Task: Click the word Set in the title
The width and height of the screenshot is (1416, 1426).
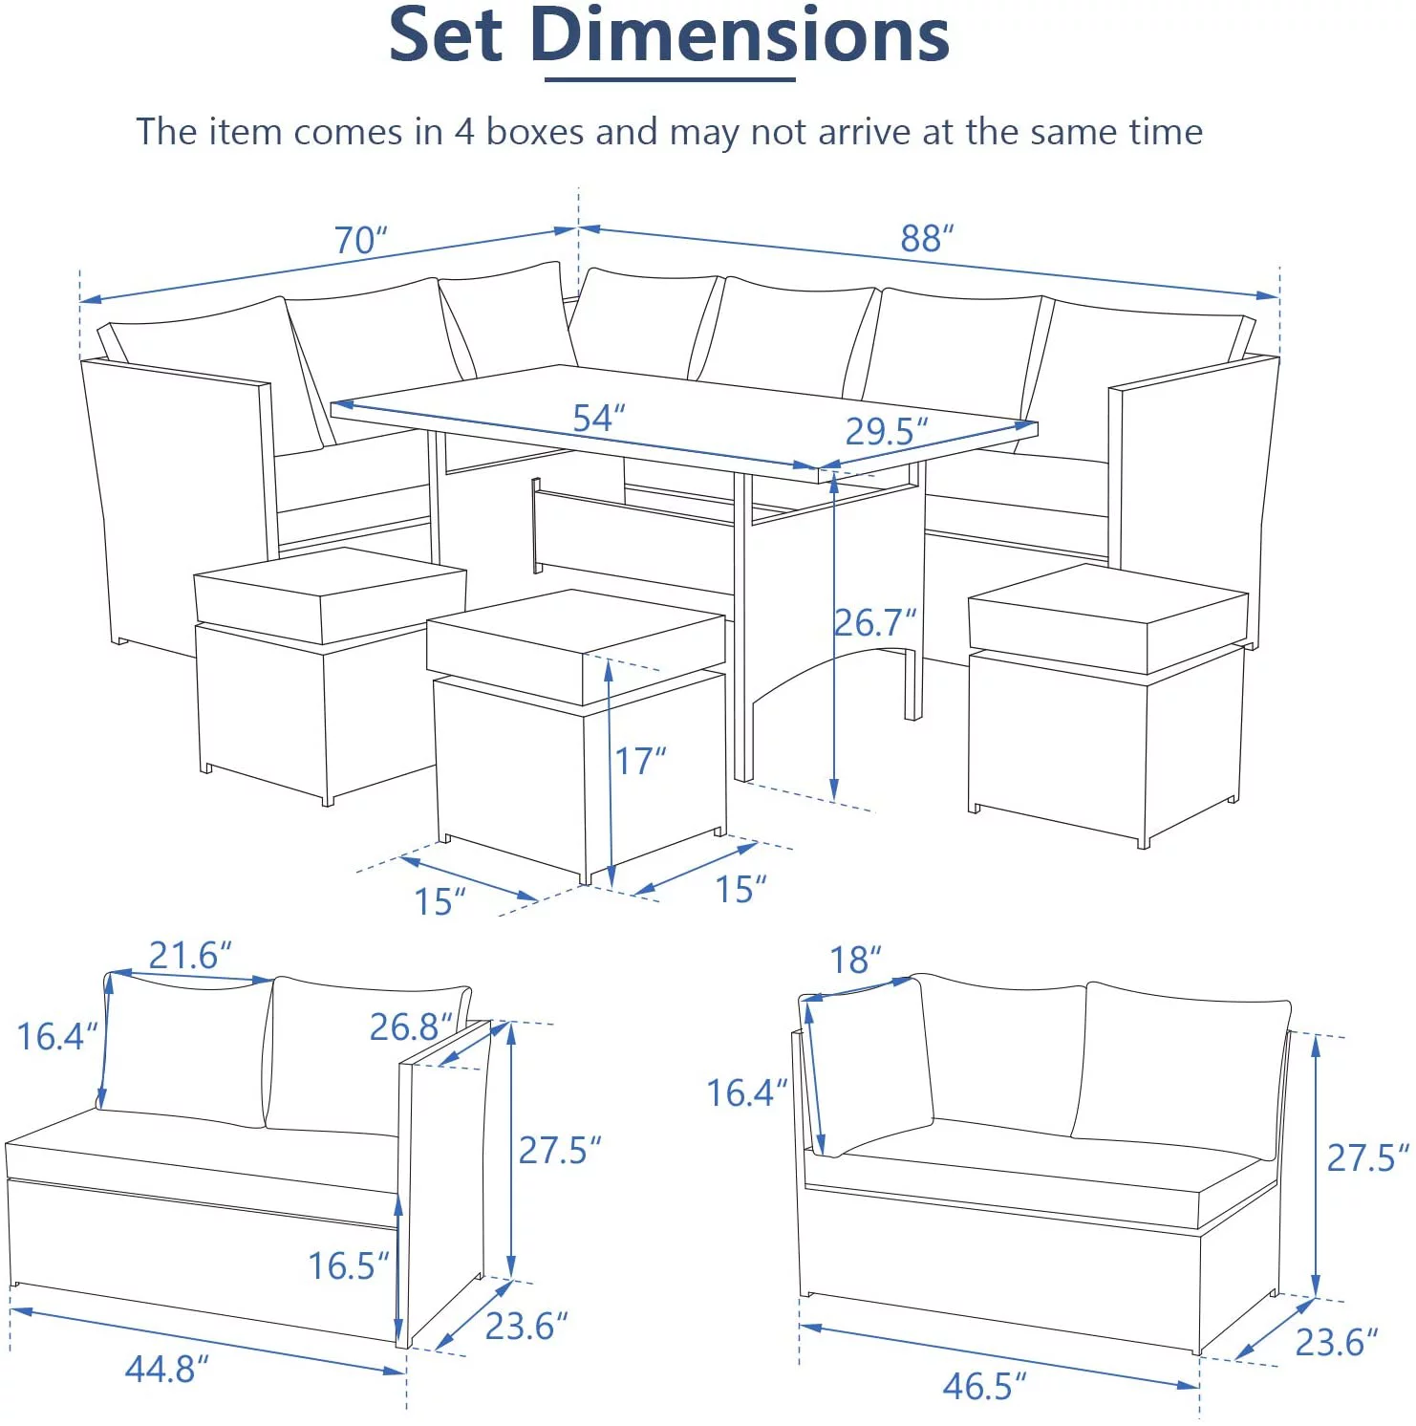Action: click(445, 36)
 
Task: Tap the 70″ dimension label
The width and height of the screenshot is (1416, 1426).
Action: click(360, 240)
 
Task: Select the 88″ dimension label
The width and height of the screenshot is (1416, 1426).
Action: click(927, 238)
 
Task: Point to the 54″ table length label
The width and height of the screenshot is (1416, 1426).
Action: click(598, 418)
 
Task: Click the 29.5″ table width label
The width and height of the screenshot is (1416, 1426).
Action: click(886, 432)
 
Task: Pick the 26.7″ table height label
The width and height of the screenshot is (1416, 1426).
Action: click(875, 623)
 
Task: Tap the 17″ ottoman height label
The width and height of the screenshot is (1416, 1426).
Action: click(639, 761)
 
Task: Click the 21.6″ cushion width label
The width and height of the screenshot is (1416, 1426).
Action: click(189, 955)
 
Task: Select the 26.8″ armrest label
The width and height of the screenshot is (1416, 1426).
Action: click(410, 1027)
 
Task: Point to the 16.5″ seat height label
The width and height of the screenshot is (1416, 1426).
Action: click(348, 1266)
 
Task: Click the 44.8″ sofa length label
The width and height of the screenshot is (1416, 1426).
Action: click(166, 1369)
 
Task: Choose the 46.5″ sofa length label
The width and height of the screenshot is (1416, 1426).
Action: click(984, 1385)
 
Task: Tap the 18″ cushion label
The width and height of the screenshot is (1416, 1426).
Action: click(854, 960)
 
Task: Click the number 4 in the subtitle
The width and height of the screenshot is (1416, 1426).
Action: click(464, 132)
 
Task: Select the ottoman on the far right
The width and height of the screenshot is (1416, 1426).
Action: click(1108, 698)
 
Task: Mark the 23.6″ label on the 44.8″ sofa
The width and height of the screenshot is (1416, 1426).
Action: click(526, 1327)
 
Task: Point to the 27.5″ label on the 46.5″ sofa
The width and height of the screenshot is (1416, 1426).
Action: click(1367, 1158)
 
